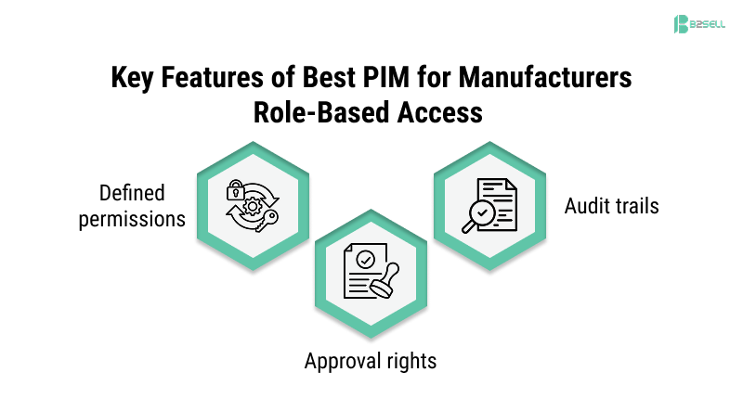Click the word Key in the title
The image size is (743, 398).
[x=136, y=78]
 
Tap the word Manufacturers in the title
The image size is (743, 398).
[x=549, y=78]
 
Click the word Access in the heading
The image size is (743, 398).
[x=439, y=111]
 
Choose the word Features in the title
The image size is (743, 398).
[x=219, y=78]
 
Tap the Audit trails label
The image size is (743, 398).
[x=611, y=205]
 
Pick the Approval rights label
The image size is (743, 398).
[x=370, y=359]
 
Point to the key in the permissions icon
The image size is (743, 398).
[x=267, y=219]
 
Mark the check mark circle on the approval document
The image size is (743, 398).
[x=364, y=256]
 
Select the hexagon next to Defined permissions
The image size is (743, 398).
[x=251, y=204]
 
